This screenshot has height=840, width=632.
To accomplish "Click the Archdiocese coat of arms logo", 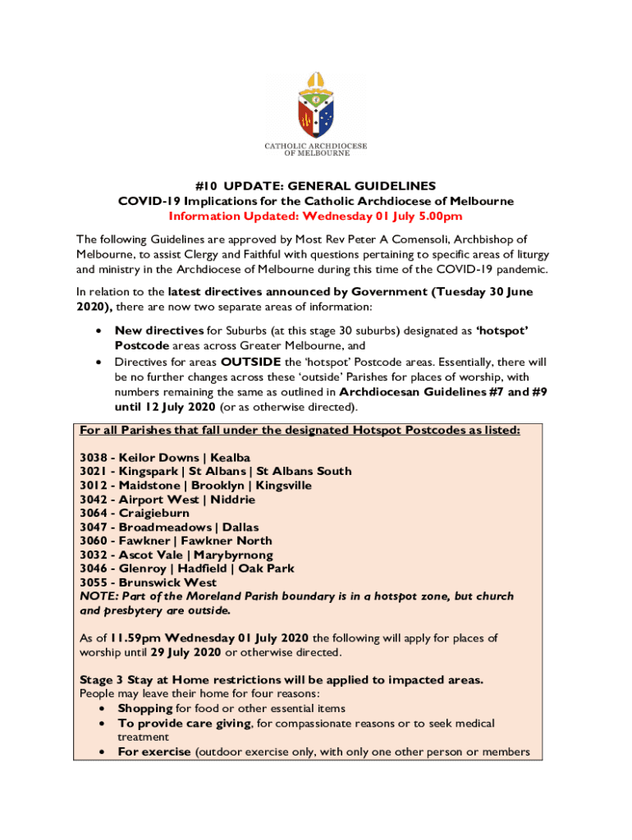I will coord(315,104).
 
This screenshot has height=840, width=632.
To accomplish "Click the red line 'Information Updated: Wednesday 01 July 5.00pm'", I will coord(315,217).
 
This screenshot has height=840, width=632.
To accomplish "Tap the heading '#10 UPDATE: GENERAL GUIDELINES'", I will coord(315,186).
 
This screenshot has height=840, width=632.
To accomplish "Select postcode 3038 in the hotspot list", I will coord(94,457).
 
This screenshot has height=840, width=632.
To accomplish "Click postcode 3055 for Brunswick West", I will coord(94,582).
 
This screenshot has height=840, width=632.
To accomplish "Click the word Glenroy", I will coord(142,568).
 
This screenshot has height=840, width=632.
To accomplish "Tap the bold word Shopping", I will coord(144,708).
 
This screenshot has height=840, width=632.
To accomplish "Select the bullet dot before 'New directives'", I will coord(98,331).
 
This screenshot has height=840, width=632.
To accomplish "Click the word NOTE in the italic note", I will coord(97,596).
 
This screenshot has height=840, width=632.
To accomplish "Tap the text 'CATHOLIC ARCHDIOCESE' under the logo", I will coord(315,146).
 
